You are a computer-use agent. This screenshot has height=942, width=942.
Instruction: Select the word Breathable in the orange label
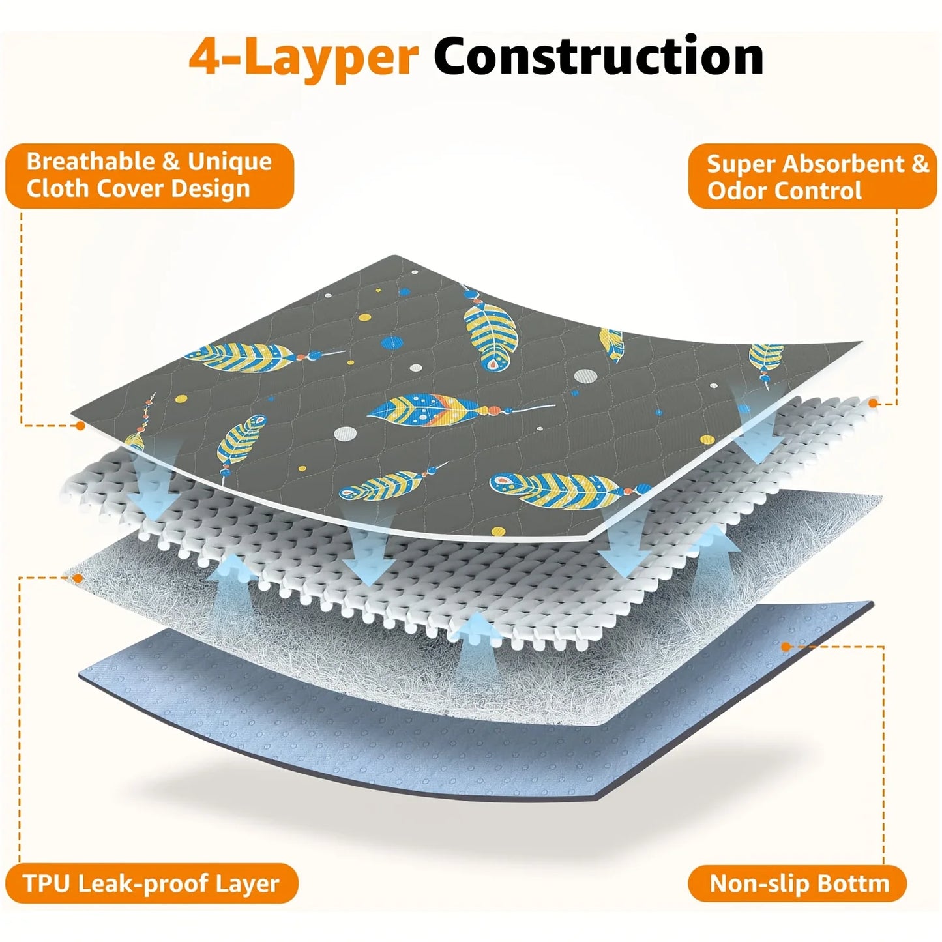point(93,161)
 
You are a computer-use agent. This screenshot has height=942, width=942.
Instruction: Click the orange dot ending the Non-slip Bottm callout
point(786,647)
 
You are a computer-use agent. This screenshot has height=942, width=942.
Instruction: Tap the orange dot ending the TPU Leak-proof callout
point(77,578)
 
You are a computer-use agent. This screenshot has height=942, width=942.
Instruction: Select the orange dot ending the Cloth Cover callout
point(80,425)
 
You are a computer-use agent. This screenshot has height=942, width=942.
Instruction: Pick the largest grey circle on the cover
point(585,376)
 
